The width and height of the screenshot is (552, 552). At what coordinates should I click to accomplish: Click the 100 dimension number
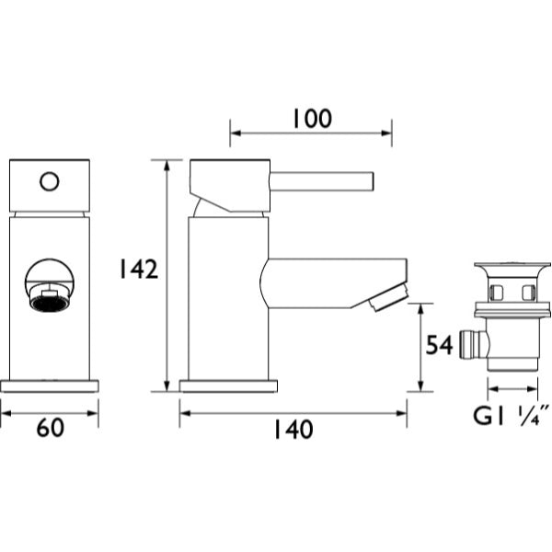[312, 119]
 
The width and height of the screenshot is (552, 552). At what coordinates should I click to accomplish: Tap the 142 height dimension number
[138, 270]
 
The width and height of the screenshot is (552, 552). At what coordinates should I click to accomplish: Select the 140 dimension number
[293, 430]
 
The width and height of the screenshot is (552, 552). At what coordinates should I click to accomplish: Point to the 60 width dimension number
[51, 428]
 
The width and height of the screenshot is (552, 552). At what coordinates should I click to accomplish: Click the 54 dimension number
[439, 345]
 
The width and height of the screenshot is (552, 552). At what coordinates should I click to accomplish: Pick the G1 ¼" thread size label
[512, 416]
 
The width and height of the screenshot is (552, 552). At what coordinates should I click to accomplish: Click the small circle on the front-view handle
[50, 181]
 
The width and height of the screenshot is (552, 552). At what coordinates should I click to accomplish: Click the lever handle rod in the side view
[321, 181]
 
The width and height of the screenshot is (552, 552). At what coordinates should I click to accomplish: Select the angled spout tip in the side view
[389, 298]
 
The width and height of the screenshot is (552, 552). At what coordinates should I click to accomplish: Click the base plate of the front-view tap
[50, 385]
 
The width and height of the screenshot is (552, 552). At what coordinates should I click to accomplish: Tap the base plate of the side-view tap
[228, 385]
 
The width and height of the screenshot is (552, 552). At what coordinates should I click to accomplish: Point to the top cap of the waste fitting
[512, 267]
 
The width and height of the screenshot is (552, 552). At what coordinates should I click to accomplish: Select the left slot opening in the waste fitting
[495, 293]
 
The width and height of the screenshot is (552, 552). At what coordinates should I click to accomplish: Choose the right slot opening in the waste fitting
[528, 293]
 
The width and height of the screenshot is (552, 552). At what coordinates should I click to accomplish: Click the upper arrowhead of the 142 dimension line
[167, 166]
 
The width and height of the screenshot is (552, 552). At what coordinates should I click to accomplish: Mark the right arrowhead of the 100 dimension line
[386, 133]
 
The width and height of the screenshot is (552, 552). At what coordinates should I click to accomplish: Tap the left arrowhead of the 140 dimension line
[185, 413]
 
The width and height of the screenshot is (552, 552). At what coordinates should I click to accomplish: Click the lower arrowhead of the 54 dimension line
[420, 385]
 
